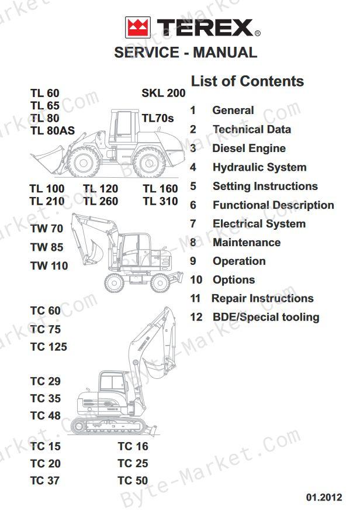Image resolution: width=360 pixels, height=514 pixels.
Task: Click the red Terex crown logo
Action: point(138,27)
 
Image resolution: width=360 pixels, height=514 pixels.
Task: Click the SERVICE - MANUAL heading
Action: point(185,53)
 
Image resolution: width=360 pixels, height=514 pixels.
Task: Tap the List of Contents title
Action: point(247,81)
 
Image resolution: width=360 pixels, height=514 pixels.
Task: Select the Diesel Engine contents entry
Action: point(249,148)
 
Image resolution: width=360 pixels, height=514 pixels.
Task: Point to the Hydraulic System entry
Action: point(259,167)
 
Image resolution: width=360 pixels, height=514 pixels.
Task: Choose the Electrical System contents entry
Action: point(259,223)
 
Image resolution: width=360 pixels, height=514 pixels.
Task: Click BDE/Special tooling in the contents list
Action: point(266,317)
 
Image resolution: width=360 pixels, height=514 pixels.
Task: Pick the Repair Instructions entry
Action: point(263,298)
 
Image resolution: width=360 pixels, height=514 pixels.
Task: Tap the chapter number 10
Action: point(196,280)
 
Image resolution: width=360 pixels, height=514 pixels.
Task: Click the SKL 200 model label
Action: point(164,93)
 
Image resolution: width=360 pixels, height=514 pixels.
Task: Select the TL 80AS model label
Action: point(53,130)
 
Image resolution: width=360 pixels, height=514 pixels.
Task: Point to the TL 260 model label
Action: point(101,201)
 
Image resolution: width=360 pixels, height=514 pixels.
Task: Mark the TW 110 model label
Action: point(49,265)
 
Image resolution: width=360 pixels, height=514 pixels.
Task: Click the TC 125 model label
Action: point(49,347)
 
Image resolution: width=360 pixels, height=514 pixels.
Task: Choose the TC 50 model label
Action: point(133,480)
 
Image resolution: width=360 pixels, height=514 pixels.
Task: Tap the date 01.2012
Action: point(324,497)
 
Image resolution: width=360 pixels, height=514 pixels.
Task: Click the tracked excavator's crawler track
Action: point(108,426)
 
